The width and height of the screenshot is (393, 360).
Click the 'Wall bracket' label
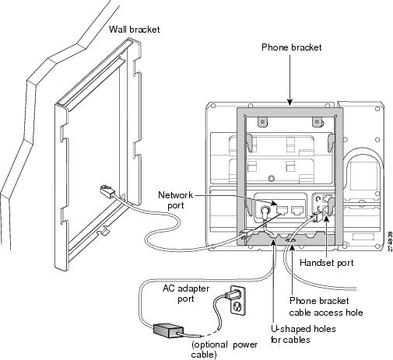point(134,30)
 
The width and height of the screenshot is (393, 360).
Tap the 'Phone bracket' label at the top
point(291,47)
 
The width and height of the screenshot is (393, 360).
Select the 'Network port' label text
point(176,200)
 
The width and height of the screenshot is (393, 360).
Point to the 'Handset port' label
point(326,263)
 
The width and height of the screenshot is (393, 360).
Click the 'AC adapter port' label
point(186,293)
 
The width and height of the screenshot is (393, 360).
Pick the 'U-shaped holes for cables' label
point(303,334)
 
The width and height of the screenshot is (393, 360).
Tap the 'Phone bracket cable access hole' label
point(326,306)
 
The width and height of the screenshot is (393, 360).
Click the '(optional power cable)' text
point(224,350)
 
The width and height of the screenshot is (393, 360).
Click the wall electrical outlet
point(238,300)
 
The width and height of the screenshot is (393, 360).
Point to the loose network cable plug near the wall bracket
point(107,191)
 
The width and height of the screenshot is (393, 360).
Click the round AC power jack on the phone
point(265,210)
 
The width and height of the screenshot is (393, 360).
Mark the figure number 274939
point(390,241)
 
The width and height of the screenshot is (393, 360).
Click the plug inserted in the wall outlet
point(231,295)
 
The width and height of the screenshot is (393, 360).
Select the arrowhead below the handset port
point(326,219)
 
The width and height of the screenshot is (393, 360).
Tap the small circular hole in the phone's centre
point(272,178)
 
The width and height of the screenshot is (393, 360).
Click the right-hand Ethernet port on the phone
point(297,210)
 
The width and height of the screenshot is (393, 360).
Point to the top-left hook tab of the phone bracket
point(262,121)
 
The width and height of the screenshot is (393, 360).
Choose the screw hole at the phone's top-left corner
point(213,106)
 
